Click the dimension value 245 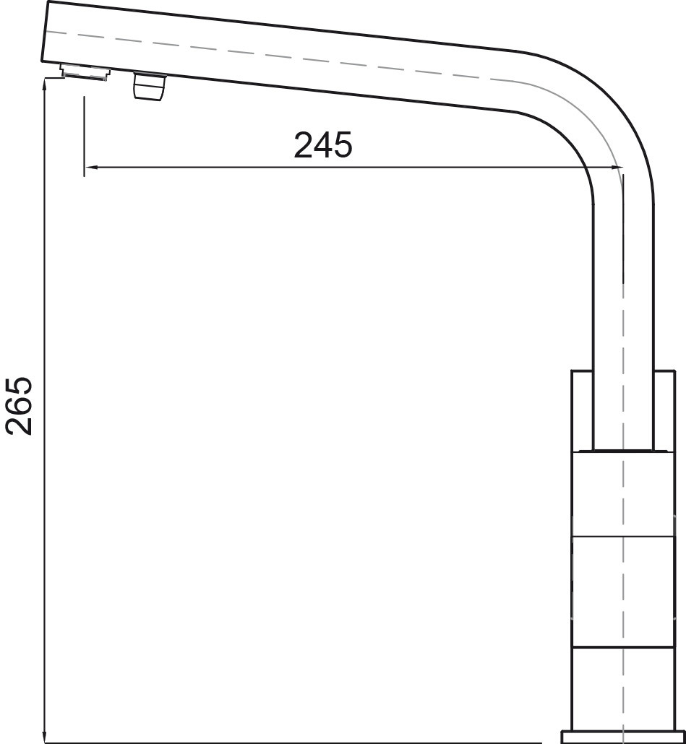[x=323, y=144]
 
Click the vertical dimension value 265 [x=19, y=406]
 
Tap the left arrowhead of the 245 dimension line [x=91, y=167]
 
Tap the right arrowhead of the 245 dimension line [x=616, y=167]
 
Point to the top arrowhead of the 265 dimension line [x=44, y=85]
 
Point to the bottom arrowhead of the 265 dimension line [x=44, y=736]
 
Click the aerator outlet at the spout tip [x=85, y=73]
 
